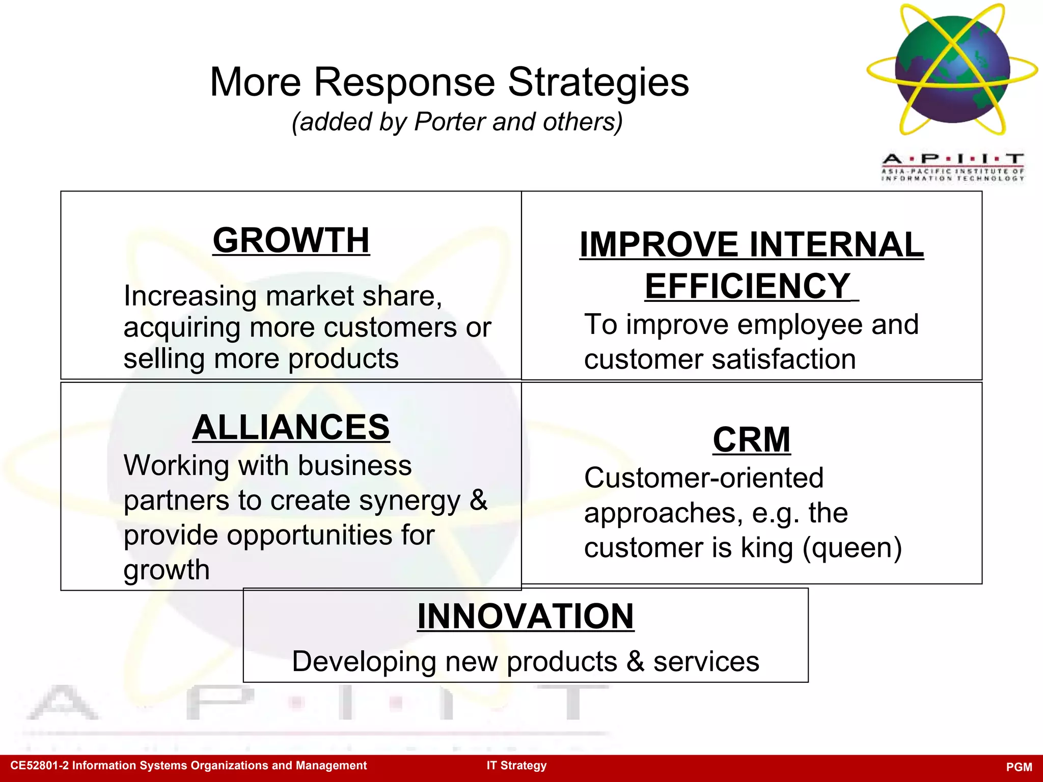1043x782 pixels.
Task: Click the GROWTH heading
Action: point(291,240)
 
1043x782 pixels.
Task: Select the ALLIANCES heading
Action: point(291,427)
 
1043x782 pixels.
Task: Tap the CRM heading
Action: point(751,440)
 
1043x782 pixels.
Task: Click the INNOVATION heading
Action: point(525,617)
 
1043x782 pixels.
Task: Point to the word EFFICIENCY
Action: point(747,286)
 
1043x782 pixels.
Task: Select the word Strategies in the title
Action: point(598,82)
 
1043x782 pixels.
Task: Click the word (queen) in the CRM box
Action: point(852,548)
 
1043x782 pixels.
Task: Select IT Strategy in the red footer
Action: point(516,766)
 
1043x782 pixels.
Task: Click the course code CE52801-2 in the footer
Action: point(39,766)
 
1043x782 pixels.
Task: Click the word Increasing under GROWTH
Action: point(190,296)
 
